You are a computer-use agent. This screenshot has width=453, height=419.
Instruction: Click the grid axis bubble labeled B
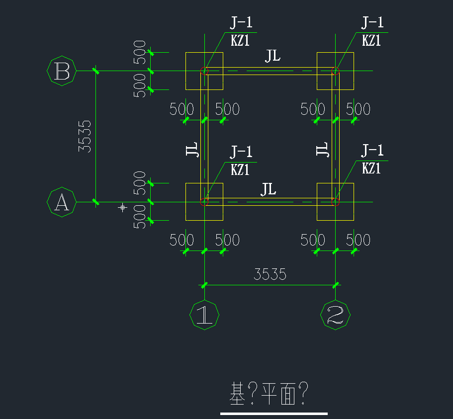click(x=62, y=72)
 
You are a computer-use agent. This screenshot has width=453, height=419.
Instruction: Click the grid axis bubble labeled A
click(x=62, y=202)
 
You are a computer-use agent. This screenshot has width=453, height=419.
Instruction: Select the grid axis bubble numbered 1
click(x=204, y=315)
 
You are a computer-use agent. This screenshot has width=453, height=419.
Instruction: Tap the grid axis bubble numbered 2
click(x=336, y=315)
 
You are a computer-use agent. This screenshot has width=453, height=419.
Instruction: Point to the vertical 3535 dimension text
click(x=85, y=136)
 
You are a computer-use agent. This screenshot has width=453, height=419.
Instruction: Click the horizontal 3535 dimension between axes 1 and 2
click(x=270, y=274)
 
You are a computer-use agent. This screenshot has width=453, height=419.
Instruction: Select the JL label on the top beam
click(x=272, y=56)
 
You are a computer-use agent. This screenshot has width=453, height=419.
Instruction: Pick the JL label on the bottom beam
click(x=269, y=189)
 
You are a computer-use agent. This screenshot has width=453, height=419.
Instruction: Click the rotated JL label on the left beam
click(x=192, y=149)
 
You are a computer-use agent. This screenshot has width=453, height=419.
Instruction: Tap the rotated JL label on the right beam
click(x=323, y=149)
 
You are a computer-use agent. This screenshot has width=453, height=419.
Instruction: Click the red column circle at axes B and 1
click(x=204, y=71)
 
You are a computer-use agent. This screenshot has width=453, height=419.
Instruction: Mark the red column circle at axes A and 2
click(x=335, y=202)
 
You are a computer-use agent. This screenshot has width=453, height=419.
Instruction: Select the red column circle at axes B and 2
click(x=335, y=71)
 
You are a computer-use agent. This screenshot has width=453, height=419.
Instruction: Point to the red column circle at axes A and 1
click(x=204, y=202)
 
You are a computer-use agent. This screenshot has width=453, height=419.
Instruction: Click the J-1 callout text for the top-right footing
click(x=372, y=23)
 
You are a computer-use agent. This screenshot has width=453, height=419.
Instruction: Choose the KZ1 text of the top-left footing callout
click(x=240, y=41)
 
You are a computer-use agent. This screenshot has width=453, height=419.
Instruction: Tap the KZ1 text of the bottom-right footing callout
click(x=371, y=168)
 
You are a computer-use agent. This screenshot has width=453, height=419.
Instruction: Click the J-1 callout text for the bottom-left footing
click(x=241, y=151)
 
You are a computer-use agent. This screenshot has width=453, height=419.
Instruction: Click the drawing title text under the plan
click(x=270, y=393)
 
